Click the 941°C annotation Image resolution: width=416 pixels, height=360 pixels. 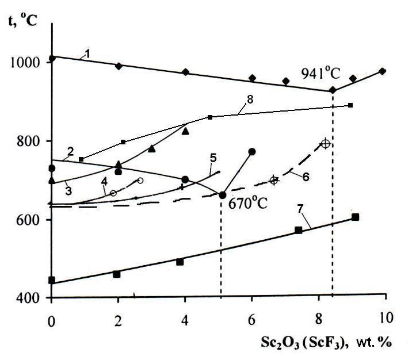pyautogui.click(x=322, y=73)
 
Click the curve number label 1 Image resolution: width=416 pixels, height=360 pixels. pyautogui.click(x=87, y=53)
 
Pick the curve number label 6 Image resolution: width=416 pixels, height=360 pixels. pyautogui.click(x=306, y=176)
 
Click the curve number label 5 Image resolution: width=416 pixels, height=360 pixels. pyautogui.click(x=212, y=157)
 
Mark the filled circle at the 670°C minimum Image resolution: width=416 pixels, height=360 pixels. pyautogui.click(x=223, y=195)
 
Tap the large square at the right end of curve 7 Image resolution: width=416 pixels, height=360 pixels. pyautogui.click(x=355, y=217)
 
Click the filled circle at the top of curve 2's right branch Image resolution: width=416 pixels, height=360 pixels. pyautogui.click(x=251, y=151)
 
